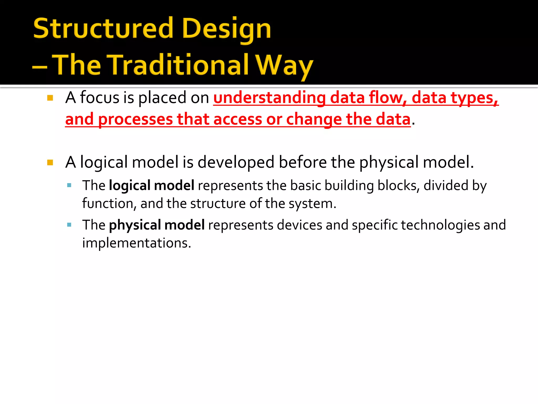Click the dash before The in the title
coord(39,67)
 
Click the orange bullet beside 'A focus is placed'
coord(50,98)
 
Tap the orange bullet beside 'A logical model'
coord(50,163)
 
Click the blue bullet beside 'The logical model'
coord(69,185)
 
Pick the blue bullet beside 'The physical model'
coord(69,225)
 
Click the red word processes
coord(135,119)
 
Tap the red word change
coord(314,119)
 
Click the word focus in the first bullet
coord(100,98)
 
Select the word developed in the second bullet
coord(236,162)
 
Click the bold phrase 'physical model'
coord(157,225)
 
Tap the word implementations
coord(137,243)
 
